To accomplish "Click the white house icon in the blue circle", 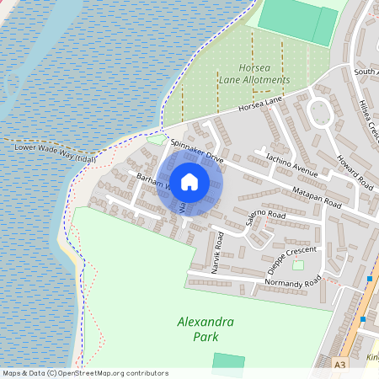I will (x=189, y=181).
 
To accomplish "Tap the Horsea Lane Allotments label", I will (x=254, y=74).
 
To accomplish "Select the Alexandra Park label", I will (x=206, y=329).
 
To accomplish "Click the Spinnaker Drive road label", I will (x=196, y=151).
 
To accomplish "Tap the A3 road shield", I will (x=339, y=365).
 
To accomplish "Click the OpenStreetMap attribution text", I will (x=85, y=373).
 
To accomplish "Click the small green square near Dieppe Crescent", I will (x=298, y=265).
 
